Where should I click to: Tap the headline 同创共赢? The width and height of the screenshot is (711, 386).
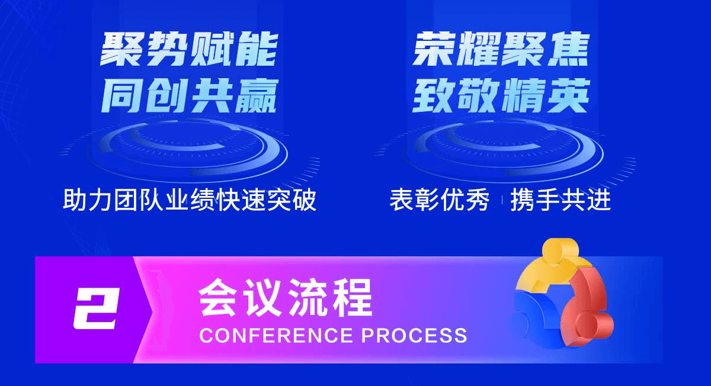point(190,96)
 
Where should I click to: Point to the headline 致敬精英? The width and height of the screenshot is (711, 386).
point(501,96)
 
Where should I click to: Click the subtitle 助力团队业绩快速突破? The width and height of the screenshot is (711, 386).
point(190,200)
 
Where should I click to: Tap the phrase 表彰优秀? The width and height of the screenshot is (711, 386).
point(439,200)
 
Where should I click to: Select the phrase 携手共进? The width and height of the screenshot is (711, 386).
point(561,200)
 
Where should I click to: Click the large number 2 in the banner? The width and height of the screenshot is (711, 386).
point(96,308)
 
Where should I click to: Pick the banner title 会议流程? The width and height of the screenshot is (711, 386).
point(285,298)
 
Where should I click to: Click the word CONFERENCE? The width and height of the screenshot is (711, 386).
point(276,335)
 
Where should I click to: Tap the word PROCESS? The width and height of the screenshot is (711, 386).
point(414,335)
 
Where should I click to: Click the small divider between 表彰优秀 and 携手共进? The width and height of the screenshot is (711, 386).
point(501,200)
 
